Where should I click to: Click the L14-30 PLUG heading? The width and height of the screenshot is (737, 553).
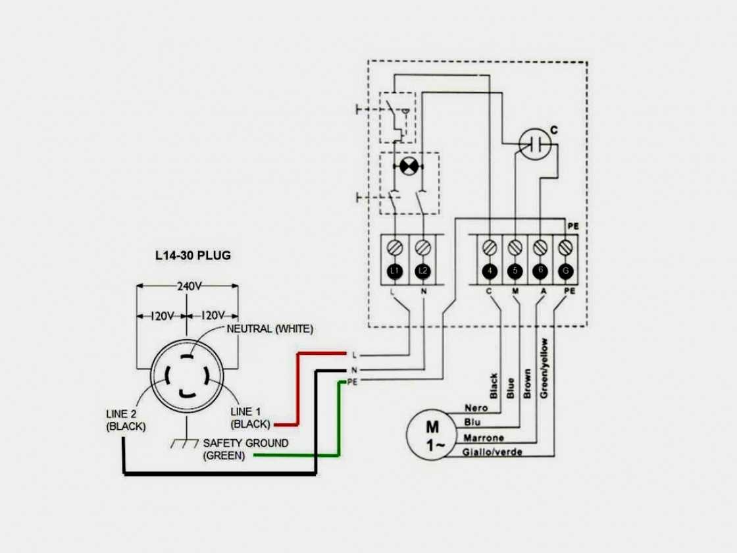tap(193, 255)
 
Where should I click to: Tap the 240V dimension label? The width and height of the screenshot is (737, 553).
tap(188, 286)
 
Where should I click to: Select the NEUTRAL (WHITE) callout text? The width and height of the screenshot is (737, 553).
tap(270, 329)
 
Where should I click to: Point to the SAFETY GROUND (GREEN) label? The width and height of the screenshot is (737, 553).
tap(245, 449)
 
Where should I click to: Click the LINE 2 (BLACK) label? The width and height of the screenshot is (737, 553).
tap(126, 420)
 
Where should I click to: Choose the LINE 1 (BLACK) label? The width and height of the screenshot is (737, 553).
tap(251, 418)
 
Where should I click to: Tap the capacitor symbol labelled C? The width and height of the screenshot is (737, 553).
tap(534, 142)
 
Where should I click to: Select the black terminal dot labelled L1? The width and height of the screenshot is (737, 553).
tap(395, 271)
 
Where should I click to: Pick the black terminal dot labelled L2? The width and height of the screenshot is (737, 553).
tap(422, 271)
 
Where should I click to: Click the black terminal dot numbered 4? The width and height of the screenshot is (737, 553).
tap(489, 271)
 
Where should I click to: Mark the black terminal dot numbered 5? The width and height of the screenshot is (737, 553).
tap(515, 271)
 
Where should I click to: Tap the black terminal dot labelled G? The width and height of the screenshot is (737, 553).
tap(567, 271)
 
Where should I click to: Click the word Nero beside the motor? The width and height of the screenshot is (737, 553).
tap(476, 409)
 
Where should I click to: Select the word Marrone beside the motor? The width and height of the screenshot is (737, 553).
tap(484, 438)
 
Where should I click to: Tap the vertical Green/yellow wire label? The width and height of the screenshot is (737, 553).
tap(544, 369)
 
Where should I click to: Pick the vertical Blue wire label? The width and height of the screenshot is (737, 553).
tap(510, 387)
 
